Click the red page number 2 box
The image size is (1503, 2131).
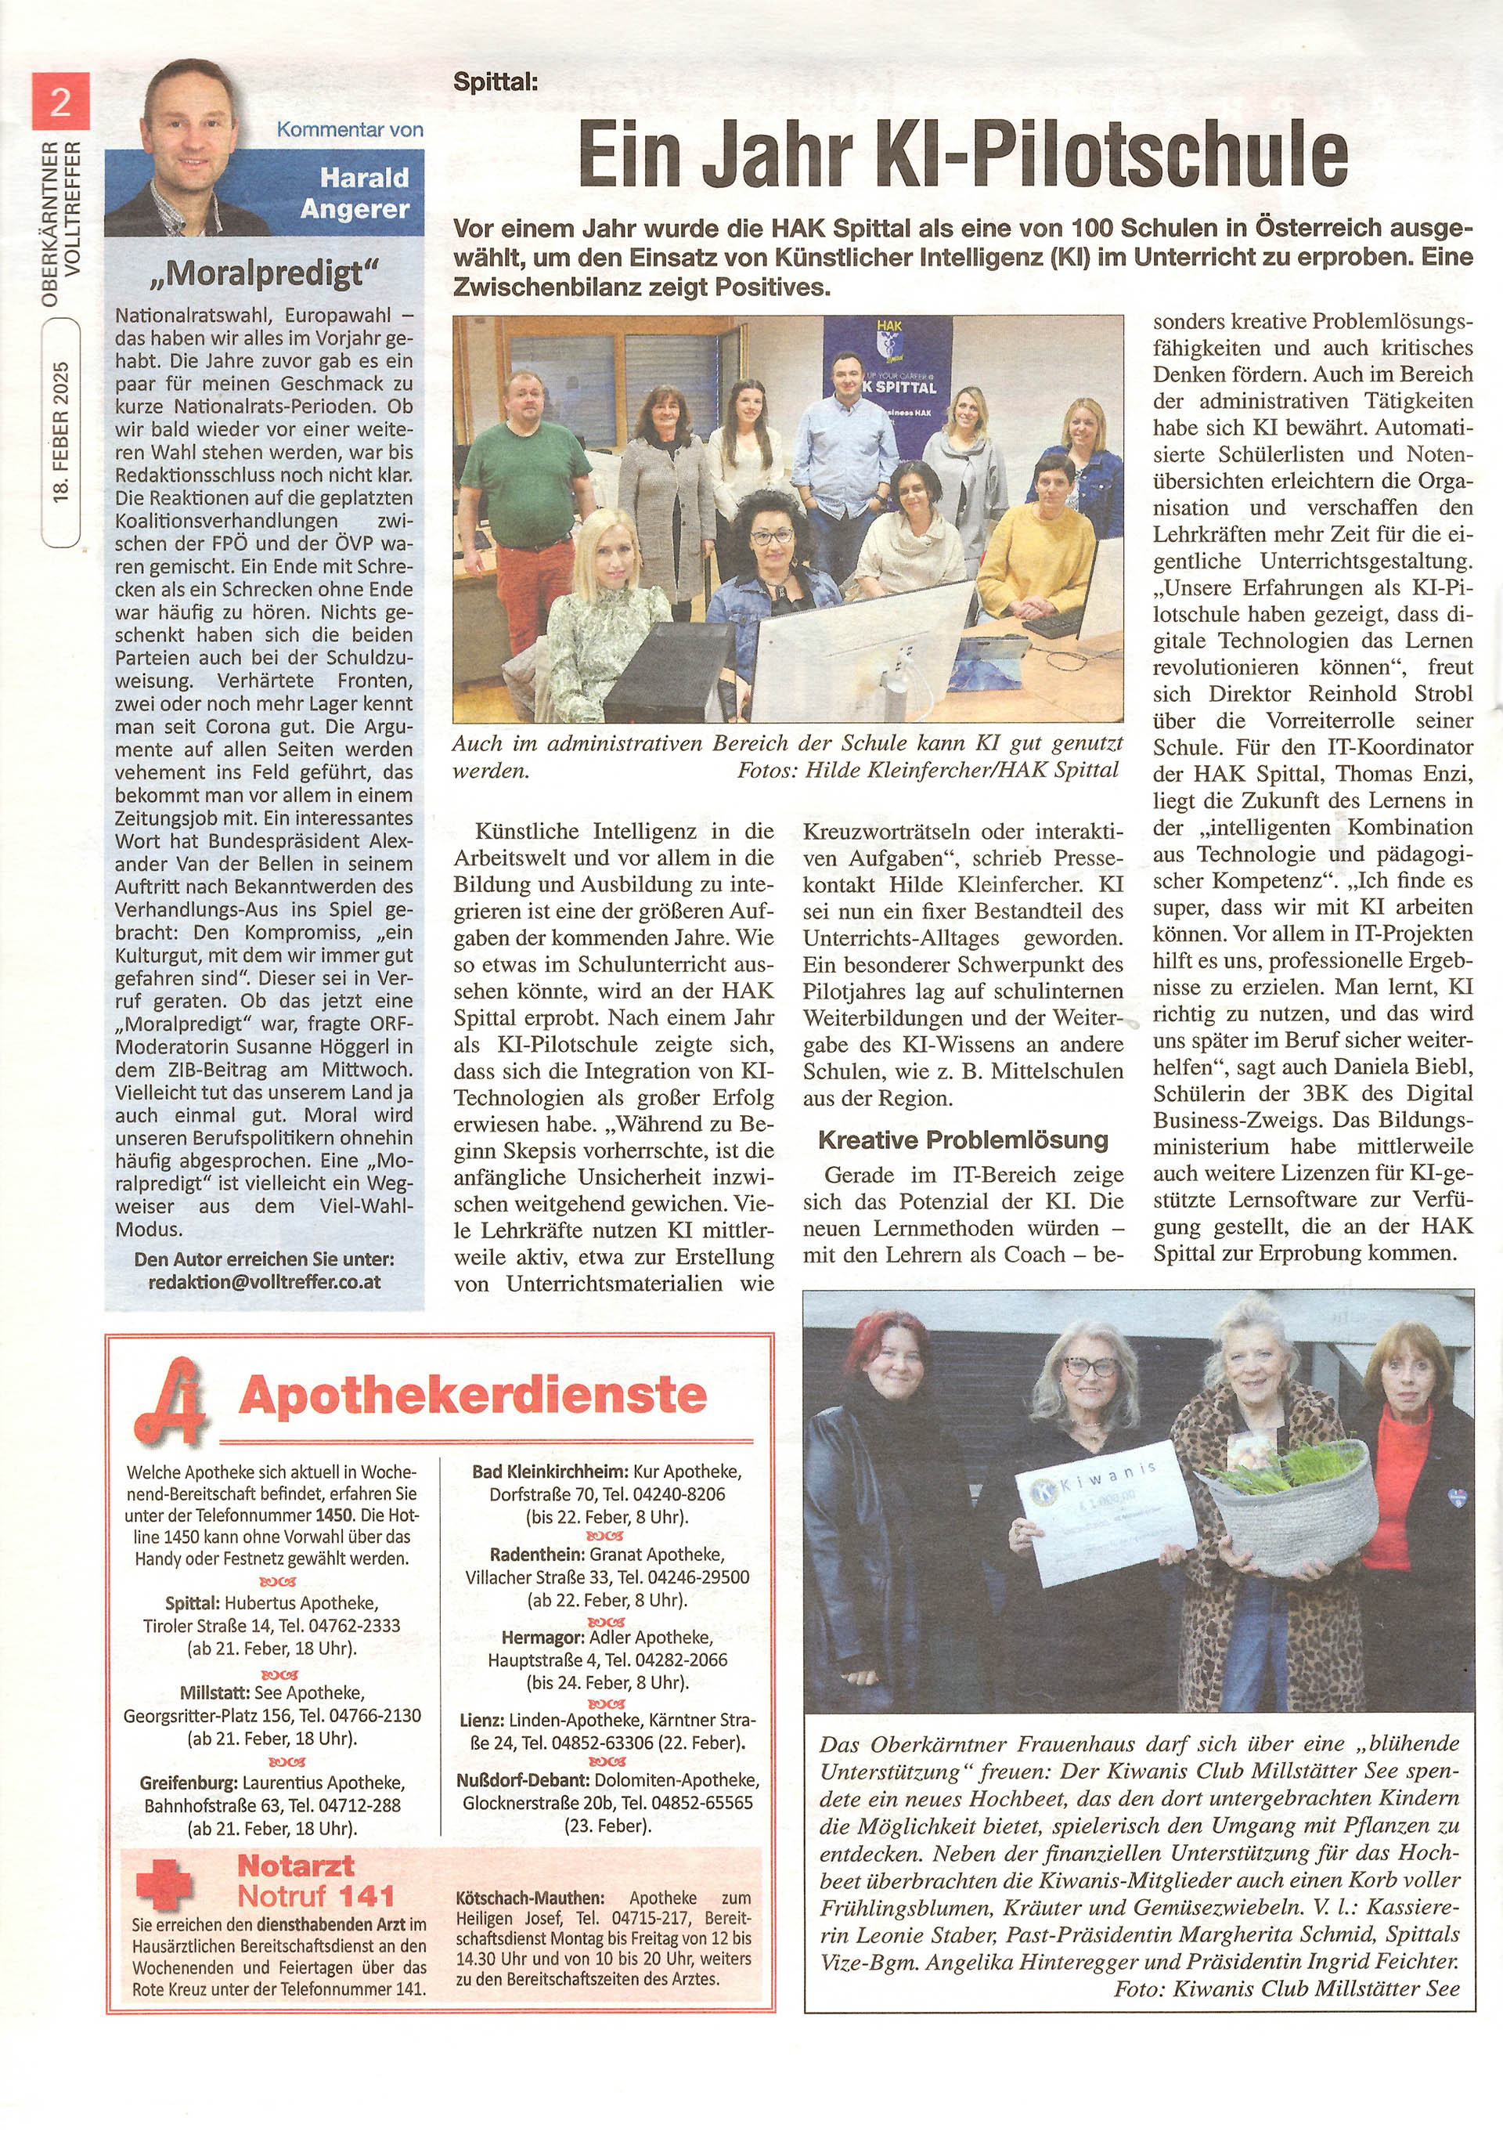[60, 101]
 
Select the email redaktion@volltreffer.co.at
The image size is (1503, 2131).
[265, 1282]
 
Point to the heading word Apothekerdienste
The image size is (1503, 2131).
[472, 1395]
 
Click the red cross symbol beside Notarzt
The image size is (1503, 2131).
[164, 1880]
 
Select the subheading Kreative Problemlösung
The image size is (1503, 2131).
[963, 1139]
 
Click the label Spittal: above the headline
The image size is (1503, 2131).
[496, 81]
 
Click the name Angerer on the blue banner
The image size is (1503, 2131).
[355, 209]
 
